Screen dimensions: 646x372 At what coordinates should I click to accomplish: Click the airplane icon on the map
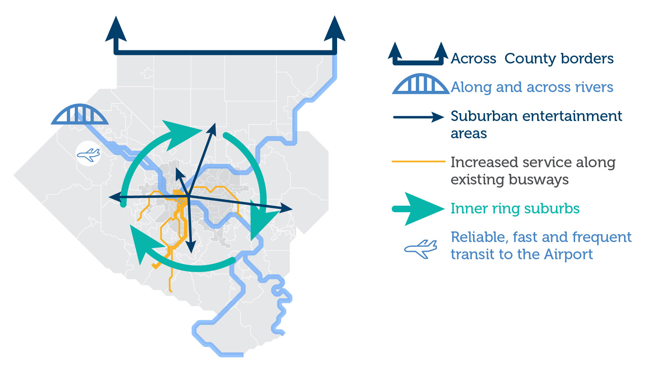click(88, 155)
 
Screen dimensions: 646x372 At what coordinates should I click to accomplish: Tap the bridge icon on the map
click(79, 115)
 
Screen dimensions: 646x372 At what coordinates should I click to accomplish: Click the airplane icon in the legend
click(421, 248)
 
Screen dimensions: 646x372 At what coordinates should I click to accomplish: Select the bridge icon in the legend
click(420, 84)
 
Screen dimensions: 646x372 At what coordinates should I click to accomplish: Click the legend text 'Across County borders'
click(532, 59)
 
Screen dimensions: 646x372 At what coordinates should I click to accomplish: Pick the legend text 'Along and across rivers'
click(532, 87)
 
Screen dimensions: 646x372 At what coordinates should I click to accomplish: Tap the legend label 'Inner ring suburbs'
click(515, 208)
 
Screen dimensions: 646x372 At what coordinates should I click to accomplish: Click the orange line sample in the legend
click(418, 161)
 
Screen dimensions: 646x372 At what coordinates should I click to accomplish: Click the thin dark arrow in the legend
click(418, 117)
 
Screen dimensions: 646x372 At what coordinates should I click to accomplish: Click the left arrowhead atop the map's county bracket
click(116, 29)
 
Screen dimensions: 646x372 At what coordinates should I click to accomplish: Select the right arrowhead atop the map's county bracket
click(335, 29)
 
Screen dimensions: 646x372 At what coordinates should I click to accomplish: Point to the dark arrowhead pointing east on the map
click(286, 208)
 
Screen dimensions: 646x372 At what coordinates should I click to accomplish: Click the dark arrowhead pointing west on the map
click(114, 197)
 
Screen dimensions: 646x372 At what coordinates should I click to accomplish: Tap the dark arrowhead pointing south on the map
click(191, 247)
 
